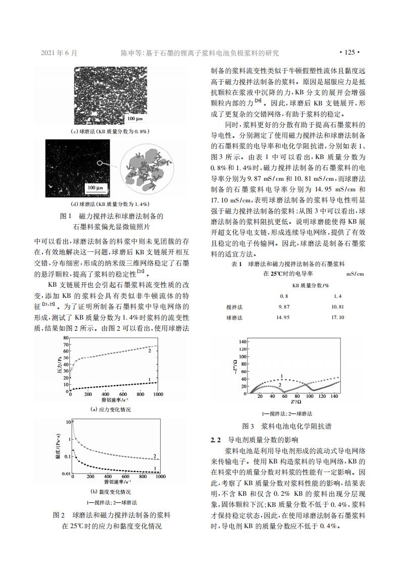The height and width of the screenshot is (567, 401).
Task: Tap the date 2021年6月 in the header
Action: (59, 52)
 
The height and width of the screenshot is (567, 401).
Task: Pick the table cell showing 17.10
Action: (337, 318)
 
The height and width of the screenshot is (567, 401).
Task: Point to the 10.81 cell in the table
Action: (337, 306)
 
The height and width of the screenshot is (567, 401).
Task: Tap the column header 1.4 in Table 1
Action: (337, 295)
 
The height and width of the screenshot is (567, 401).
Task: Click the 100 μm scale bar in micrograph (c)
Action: (135, 119)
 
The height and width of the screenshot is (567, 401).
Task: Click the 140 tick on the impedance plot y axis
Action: (241, 342)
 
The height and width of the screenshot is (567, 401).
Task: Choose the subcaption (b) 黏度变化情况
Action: (111, 491)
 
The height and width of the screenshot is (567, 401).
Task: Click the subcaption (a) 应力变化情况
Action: (111, 409)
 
